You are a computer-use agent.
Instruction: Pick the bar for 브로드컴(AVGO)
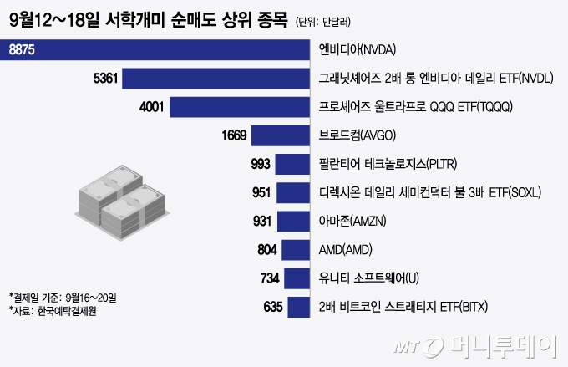point(281,135)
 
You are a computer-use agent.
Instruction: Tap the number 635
point(273,307)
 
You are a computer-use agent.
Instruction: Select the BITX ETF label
point(415,307)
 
